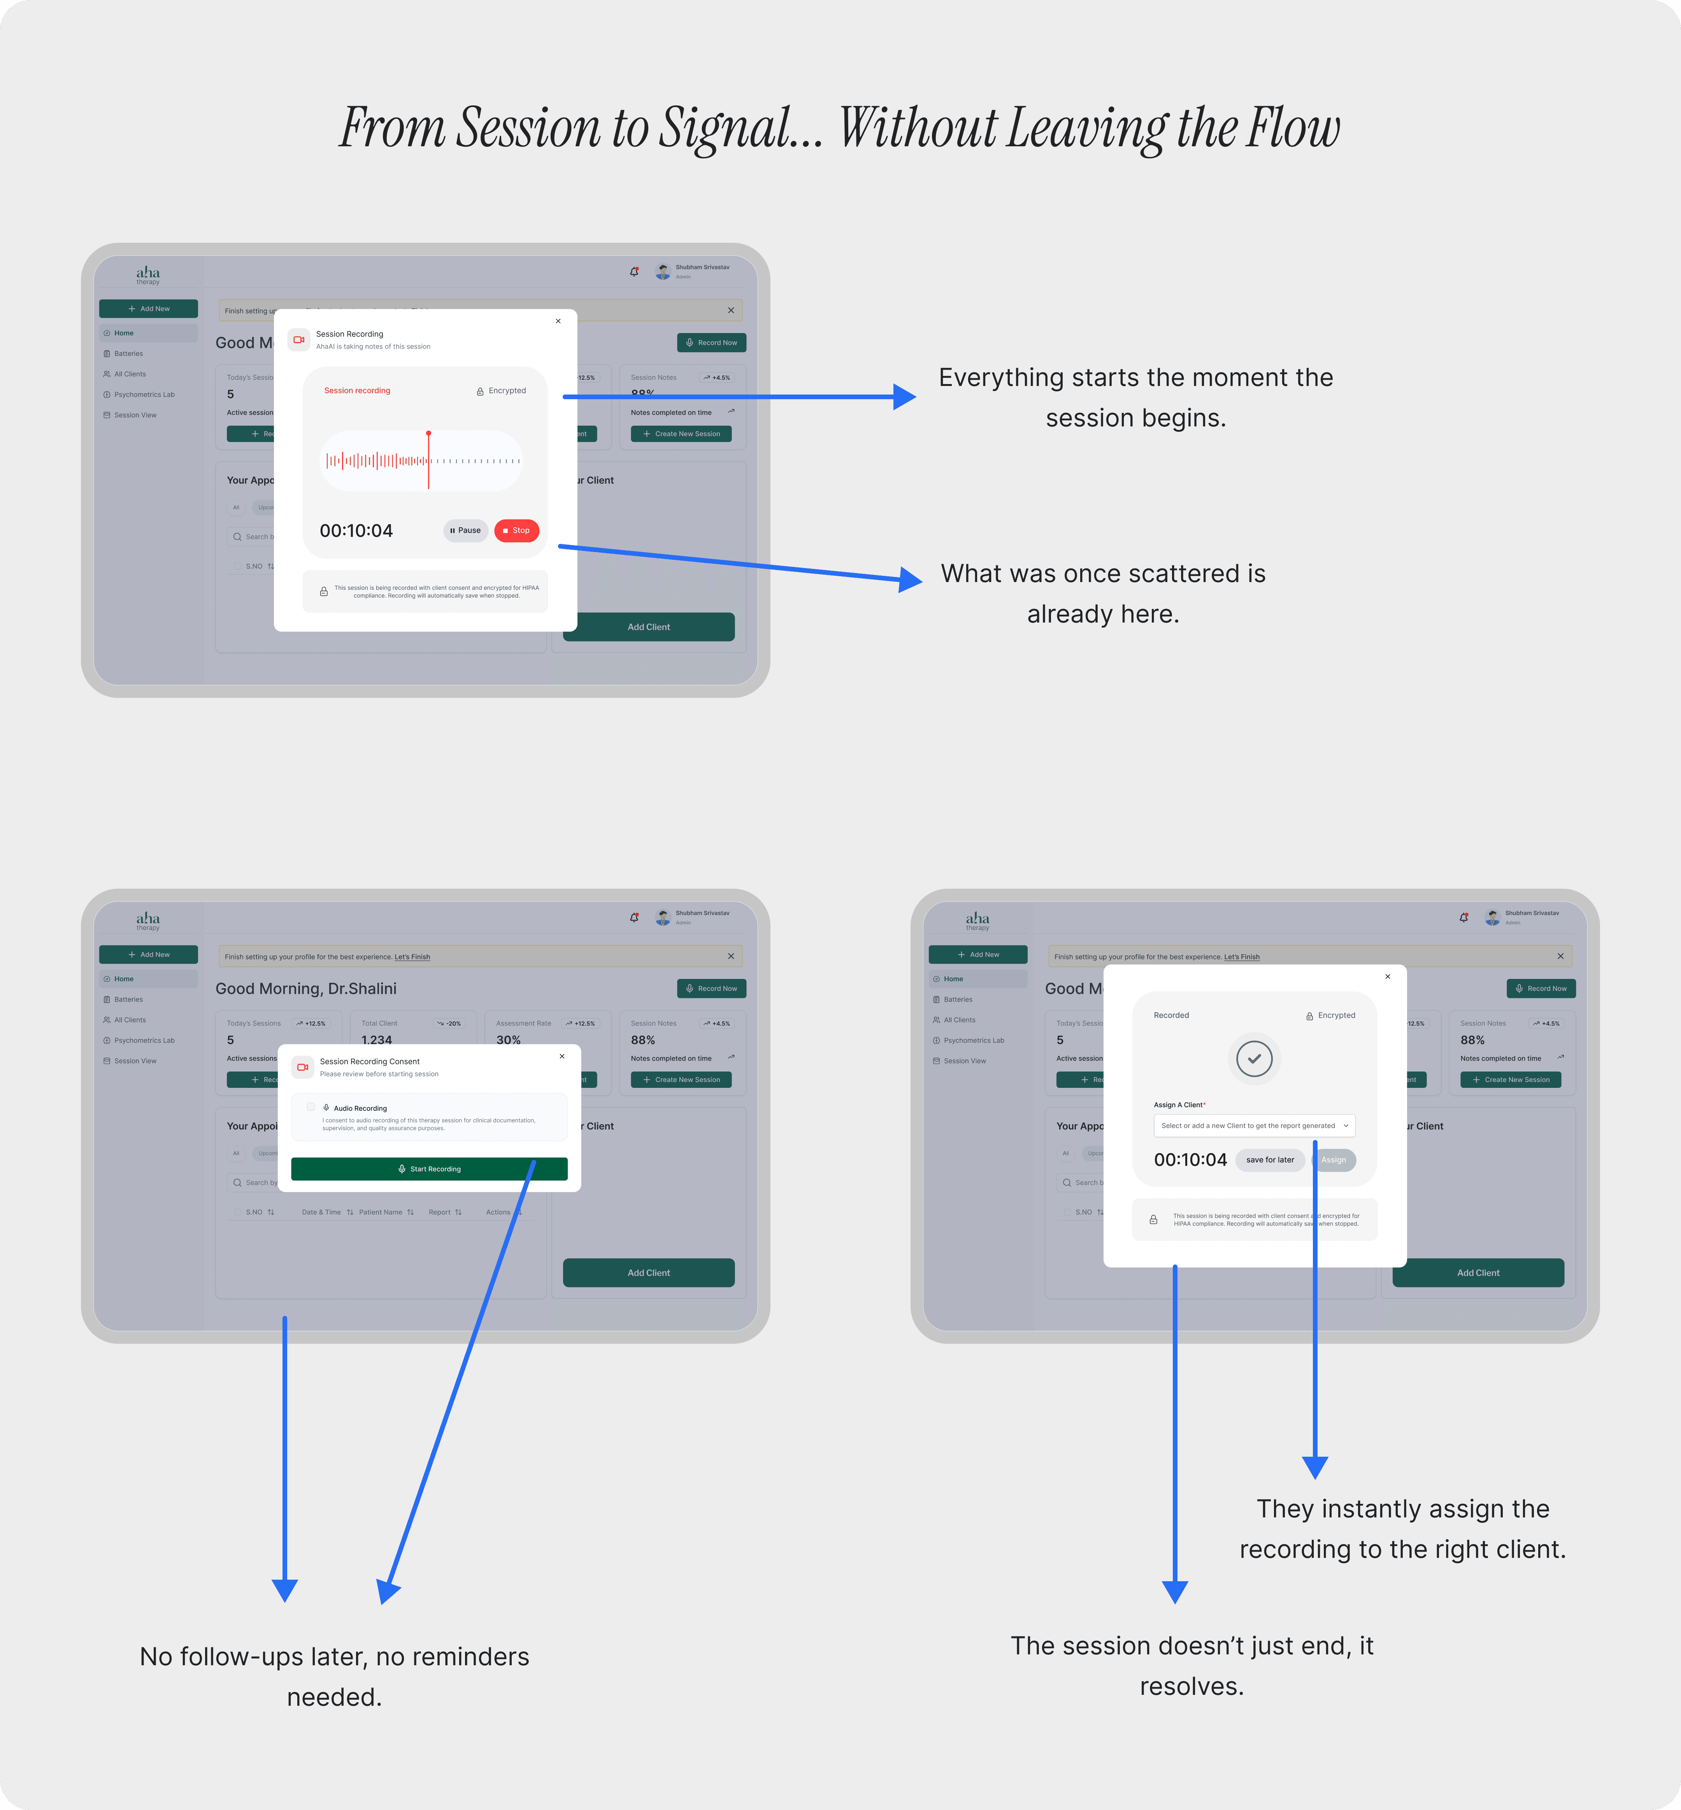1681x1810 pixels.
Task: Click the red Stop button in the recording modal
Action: [517, 530]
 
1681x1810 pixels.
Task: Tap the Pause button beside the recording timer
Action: [466, 530]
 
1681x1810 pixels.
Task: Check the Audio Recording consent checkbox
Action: [311, 1107]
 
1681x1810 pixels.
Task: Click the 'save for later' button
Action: [1270, 1160]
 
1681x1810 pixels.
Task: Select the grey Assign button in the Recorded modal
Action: [1334, 1160]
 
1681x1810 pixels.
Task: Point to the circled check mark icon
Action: [1255, 1059]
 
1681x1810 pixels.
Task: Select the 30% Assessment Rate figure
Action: [509, 1040]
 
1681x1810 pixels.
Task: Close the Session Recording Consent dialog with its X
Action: [562, 1056]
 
